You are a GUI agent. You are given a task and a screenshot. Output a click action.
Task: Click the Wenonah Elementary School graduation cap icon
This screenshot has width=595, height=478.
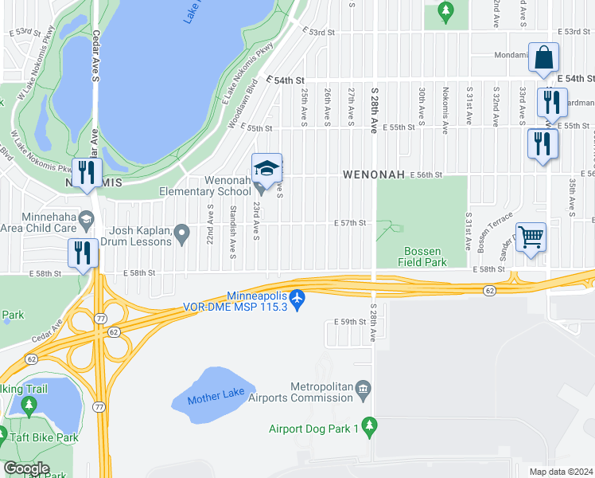(267, 168)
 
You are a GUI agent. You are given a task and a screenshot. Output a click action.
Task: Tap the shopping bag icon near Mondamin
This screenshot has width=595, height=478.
(544, 58)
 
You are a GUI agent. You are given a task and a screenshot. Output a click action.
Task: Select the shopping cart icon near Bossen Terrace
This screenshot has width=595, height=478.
(531, 237)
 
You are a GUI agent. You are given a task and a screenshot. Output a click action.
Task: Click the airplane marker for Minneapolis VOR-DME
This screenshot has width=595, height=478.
(297, 297)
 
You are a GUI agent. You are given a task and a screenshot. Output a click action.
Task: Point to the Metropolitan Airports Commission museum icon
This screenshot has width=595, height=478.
(364, 390)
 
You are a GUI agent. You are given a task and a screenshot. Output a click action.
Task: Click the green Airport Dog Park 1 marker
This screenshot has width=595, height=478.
(369, 427)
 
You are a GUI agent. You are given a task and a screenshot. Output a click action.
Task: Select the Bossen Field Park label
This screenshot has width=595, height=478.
(422, 257)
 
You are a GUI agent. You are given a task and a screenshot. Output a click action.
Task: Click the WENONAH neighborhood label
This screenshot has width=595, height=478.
(374, 174)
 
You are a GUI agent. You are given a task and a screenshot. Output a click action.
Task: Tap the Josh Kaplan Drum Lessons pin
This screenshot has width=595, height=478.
(182, 234)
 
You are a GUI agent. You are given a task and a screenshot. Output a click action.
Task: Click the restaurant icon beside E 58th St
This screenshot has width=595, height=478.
(84, 253)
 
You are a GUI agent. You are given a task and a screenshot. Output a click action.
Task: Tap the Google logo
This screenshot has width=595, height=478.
(27, 468)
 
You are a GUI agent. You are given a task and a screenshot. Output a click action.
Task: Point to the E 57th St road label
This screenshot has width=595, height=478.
(349, 223)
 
